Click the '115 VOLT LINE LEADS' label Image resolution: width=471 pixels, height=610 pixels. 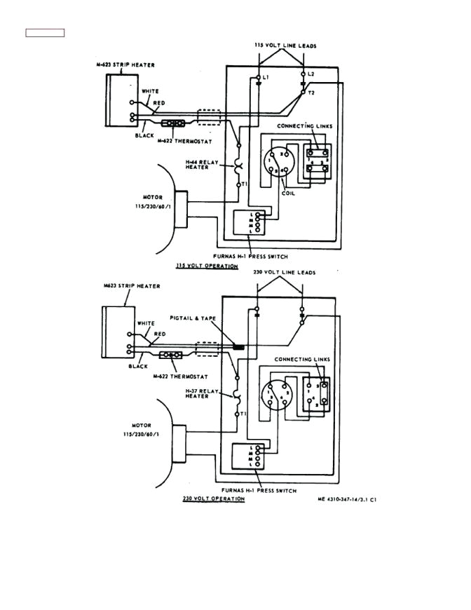click(x=285, y=46)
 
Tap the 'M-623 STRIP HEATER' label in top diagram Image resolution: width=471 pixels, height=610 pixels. click(x=125, y=65)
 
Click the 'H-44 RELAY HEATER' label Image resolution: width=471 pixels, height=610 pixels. click(x=203, y=165)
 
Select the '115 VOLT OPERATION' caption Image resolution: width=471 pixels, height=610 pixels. click(x=207, y=266)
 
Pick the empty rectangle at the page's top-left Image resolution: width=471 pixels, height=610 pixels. click(x=45, y=32)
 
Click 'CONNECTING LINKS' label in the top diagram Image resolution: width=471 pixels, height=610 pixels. click(x=304, y=126)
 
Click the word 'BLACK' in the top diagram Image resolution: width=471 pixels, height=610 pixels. click(x=144, y=135)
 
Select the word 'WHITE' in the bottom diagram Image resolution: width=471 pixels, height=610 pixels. click(x=146, y=323)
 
